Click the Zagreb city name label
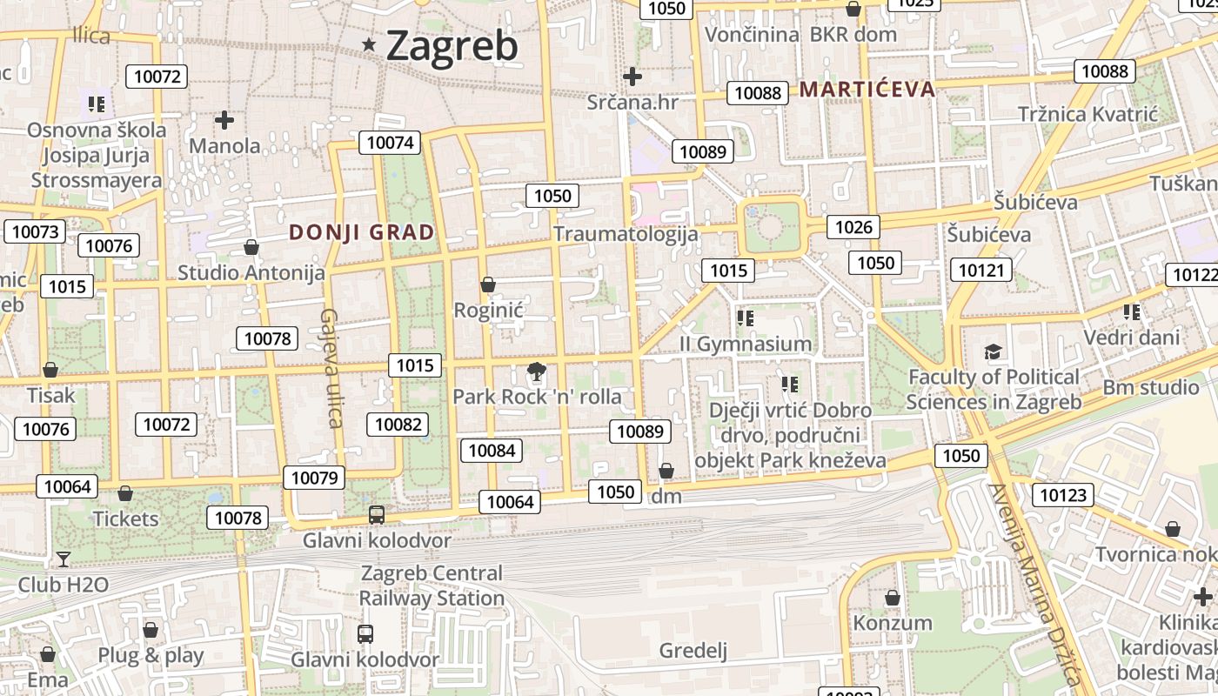452,45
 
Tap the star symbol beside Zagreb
370,44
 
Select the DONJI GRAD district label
361,232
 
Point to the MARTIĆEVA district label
867,89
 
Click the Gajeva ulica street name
330,368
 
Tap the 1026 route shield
853,227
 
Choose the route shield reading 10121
981,270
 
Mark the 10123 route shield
1063,495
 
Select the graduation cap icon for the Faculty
993,352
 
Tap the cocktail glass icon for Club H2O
63,559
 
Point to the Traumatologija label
626,233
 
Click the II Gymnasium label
746,344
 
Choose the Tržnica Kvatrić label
1088,114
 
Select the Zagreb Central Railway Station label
432,586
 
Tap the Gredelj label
693,650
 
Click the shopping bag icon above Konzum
892,598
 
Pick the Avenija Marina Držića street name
1035,587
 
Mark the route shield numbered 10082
398,425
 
